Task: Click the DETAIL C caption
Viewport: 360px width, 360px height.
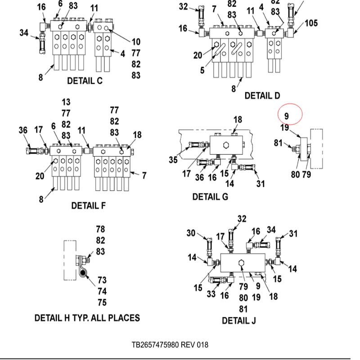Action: point(85,81)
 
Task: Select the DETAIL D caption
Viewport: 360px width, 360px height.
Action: point(262,95)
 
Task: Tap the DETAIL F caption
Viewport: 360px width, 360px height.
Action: point(89,206)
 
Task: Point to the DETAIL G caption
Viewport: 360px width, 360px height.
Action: point(210,197)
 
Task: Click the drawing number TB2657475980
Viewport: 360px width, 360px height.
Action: point(156,345)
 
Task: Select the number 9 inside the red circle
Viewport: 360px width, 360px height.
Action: point(286,116)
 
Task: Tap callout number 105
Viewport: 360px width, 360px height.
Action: point(311,23)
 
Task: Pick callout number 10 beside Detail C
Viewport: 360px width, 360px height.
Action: point(136,42)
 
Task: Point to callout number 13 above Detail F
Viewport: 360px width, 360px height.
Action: point(66,102)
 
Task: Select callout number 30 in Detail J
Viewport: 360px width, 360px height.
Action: point(191,233)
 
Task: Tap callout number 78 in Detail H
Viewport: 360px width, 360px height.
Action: point(100,229)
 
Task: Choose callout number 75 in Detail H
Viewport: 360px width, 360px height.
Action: point(102,302)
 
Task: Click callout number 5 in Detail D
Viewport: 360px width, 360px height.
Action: point(202,71)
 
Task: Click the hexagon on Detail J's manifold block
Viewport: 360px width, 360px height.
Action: point(242,263)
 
